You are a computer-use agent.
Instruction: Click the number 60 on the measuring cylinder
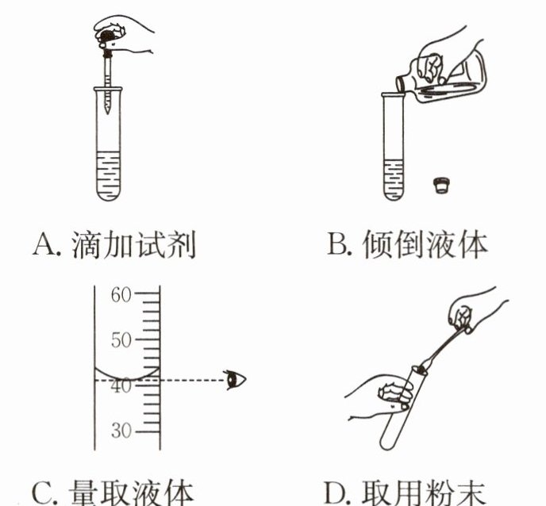tap(120, 295)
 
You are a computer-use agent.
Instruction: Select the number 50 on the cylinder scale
tap(120, 340)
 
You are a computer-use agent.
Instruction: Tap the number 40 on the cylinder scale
tap(120, 386)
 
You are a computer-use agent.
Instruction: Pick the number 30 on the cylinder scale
tap(120, 432)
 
